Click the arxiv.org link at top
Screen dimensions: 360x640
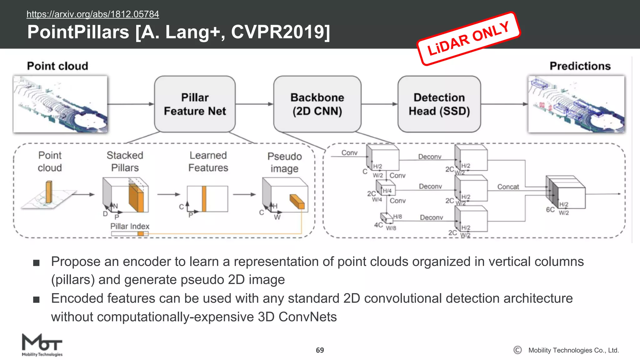click(x=92, y=14)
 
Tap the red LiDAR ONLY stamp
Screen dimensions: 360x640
click(x=468, y=39)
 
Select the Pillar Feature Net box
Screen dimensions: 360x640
click(x=195, y=104)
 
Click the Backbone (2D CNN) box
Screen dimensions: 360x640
click(x=317, y=104)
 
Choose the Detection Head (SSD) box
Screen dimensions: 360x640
click(x=439, y=104)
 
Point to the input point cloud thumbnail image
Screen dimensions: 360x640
click(x=60, y=104)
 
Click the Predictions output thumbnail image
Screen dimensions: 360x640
click(x=576, y=104)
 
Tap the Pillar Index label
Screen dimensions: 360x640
click(x=130, y=226)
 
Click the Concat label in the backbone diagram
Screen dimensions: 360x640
click(x=508, y=187)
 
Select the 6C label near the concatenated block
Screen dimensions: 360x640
click(x=550, y=210)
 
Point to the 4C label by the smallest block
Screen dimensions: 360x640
click(x=378, y=225)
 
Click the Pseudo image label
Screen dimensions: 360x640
click(x=284, y=162)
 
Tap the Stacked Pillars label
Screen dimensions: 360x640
click(x=125, y=161)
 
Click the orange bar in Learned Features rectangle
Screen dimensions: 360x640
click(x=204, y=199)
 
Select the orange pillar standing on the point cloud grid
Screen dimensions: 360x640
click(x=49, y=192)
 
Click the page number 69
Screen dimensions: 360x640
click(x=320, y=350)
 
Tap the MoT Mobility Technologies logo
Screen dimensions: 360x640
click(x=42, y=345)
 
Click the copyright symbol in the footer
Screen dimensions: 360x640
click(x=517, y=350)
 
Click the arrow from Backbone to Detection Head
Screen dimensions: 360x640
click(x=379, y=104)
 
